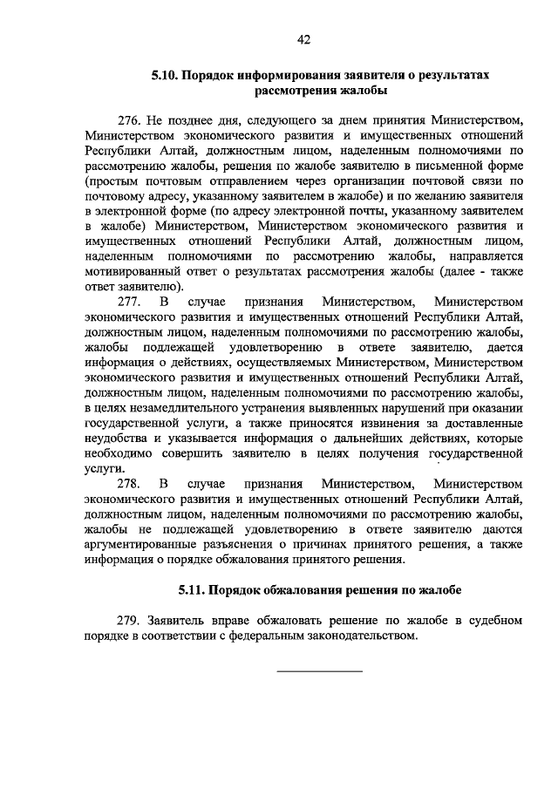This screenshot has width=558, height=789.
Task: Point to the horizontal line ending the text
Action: (x=319, y=670)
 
